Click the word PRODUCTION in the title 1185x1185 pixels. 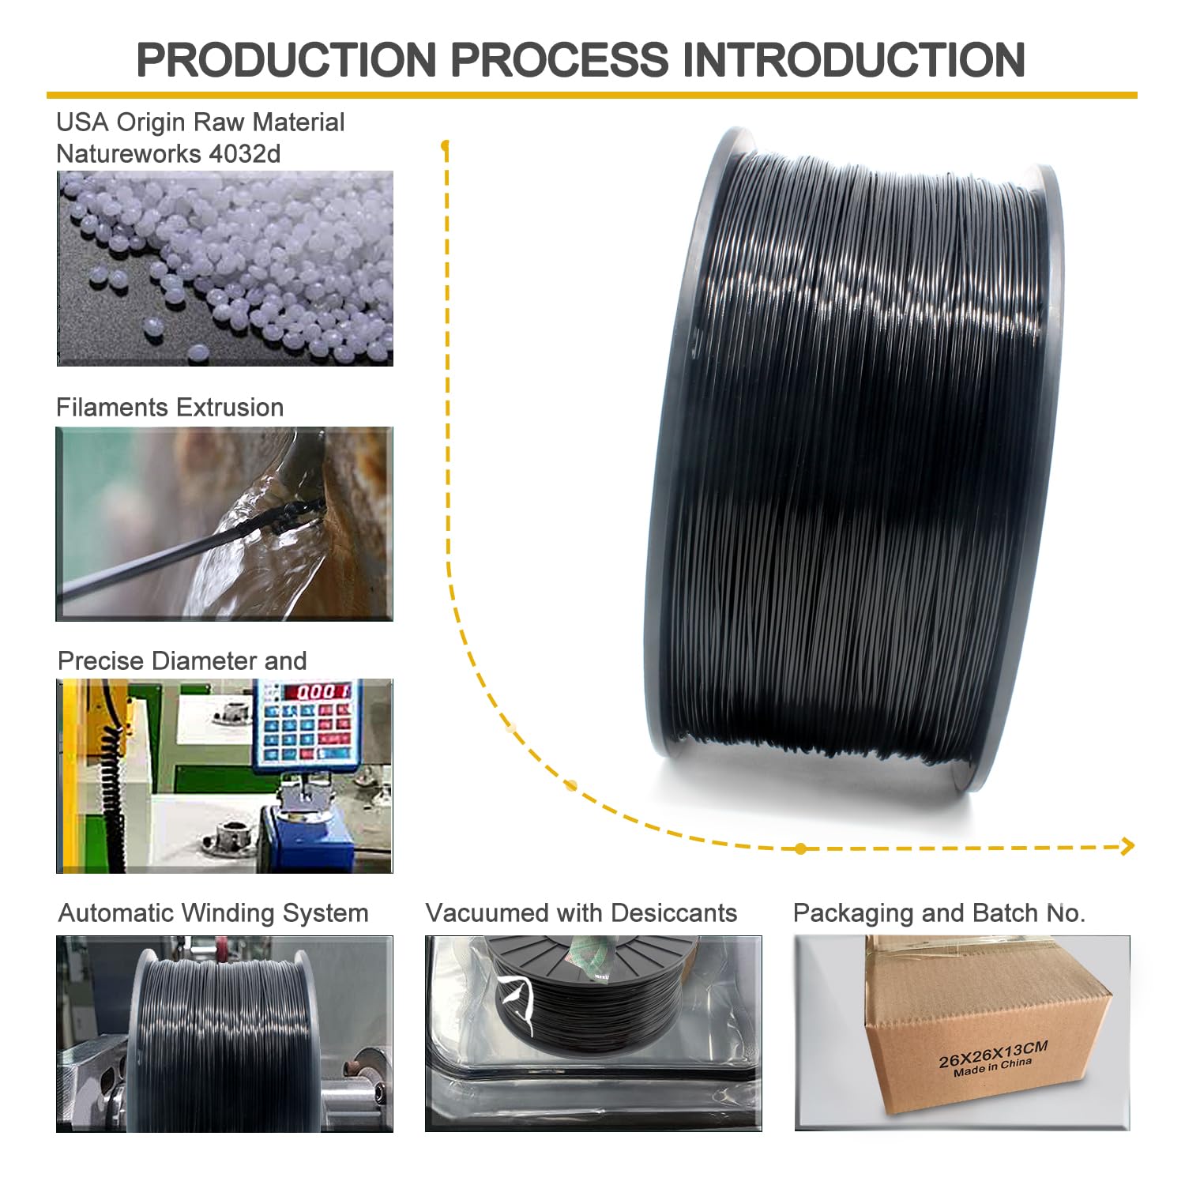(286, 60)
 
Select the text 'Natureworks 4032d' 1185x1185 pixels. (168, 153)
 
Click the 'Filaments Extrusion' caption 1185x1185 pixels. (170, 408)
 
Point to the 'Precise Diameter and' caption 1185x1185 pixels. (182, 661)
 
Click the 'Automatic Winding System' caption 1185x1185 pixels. (213, 913)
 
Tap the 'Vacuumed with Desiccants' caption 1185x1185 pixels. (581, 913)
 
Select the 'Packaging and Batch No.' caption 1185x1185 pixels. (939, 913)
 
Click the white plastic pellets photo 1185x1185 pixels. (224, 269)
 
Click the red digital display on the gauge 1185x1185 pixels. (317, 692)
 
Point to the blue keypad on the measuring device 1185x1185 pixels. (304, 731)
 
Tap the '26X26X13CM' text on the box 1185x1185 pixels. (993, 1055)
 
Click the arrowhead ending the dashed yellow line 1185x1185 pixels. (1128, 846)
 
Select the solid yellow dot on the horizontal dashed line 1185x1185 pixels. (801, 848)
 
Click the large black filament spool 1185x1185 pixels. (853, 466)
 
